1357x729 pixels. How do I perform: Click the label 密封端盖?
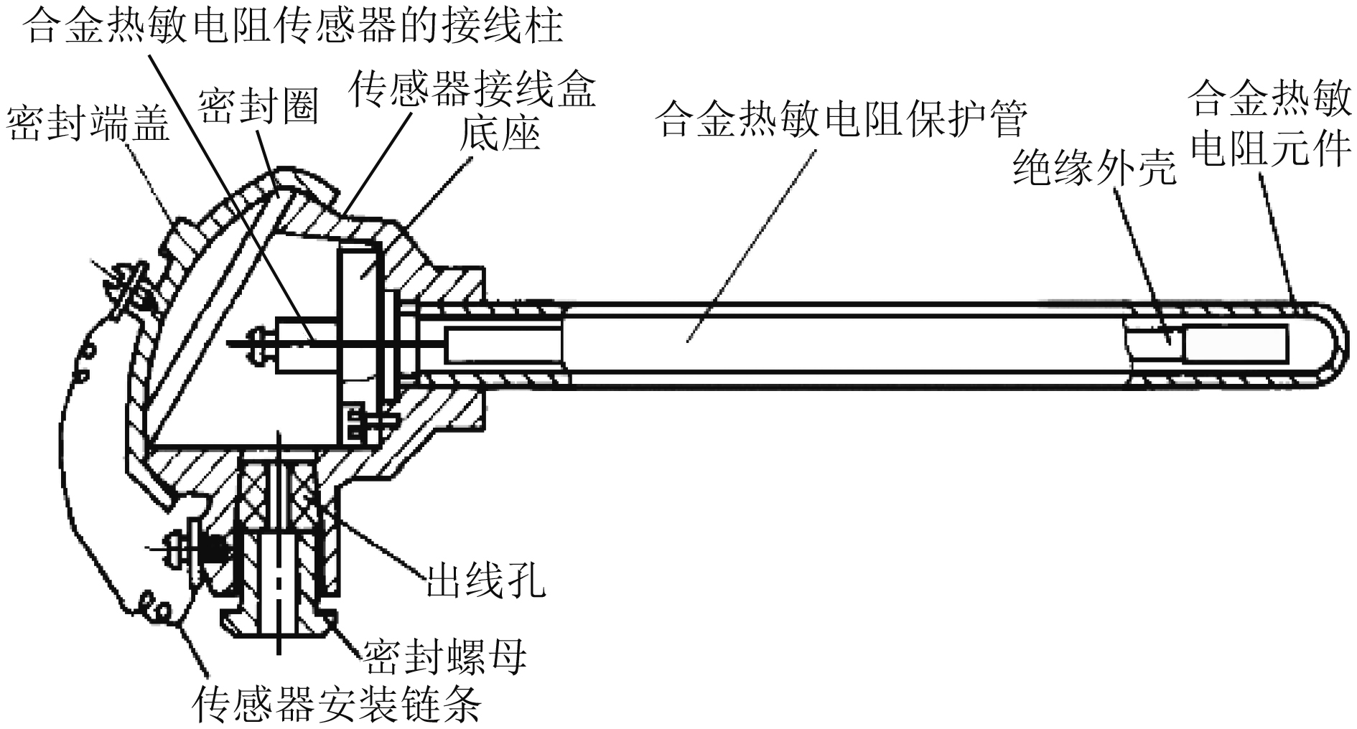(x=88, y=125)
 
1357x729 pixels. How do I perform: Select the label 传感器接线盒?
(x=472, y=90)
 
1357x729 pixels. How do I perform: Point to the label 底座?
(x=500, y=133)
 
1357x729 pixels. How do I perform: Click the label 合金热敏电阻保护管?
(x=843, y=119)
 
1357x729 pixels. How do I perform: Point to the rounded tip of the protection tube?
(x=1333, y=343)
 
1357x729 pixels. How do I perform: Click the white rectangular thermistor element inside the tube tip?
(x=1235, y=342)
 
